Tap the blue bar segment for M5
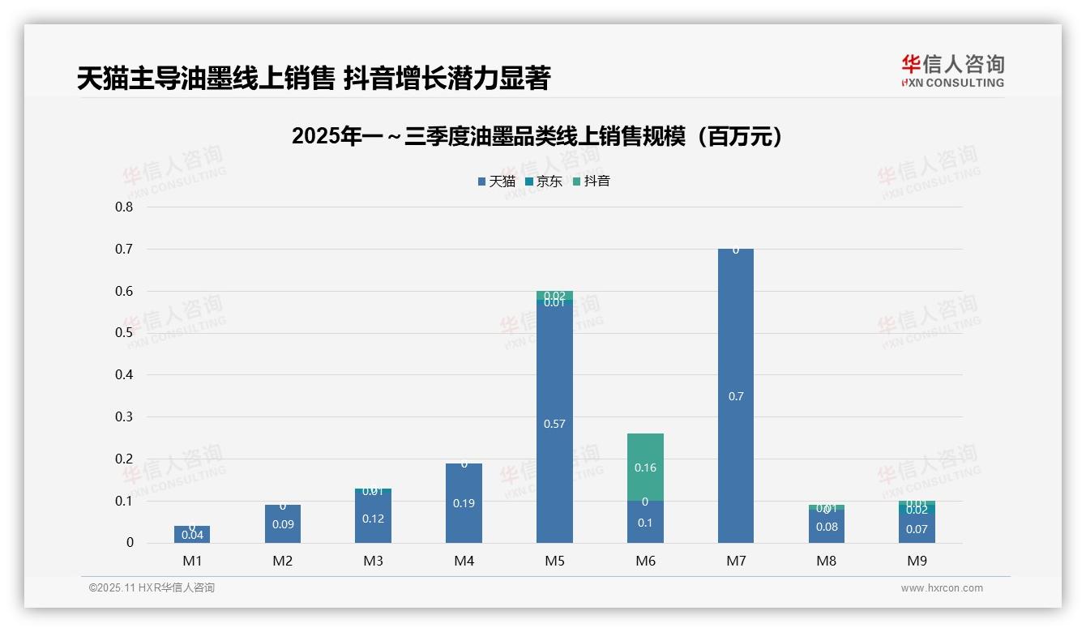(554, 389)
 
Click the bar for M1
(192, 535)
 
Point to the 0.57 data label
(554, 424)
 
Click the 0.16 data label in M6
(645, 468)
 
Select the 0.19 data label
(464, 503)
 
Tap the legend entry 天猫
(497, 181)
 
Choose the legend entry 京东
(544, 181)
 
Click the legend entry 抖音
(592, 181)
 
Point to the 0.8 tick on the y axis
(124, 207)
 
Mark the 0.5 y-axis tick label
(124, 332)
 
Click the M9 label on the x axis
(917, 561)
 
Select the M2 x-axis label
(282, 561)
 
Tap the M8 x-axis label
(826, 561)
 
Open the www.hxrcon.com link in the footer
(942, 588)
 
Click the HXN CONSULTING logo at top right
(952, 71)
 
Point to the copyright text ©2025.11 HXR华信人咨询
(152, 588)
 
